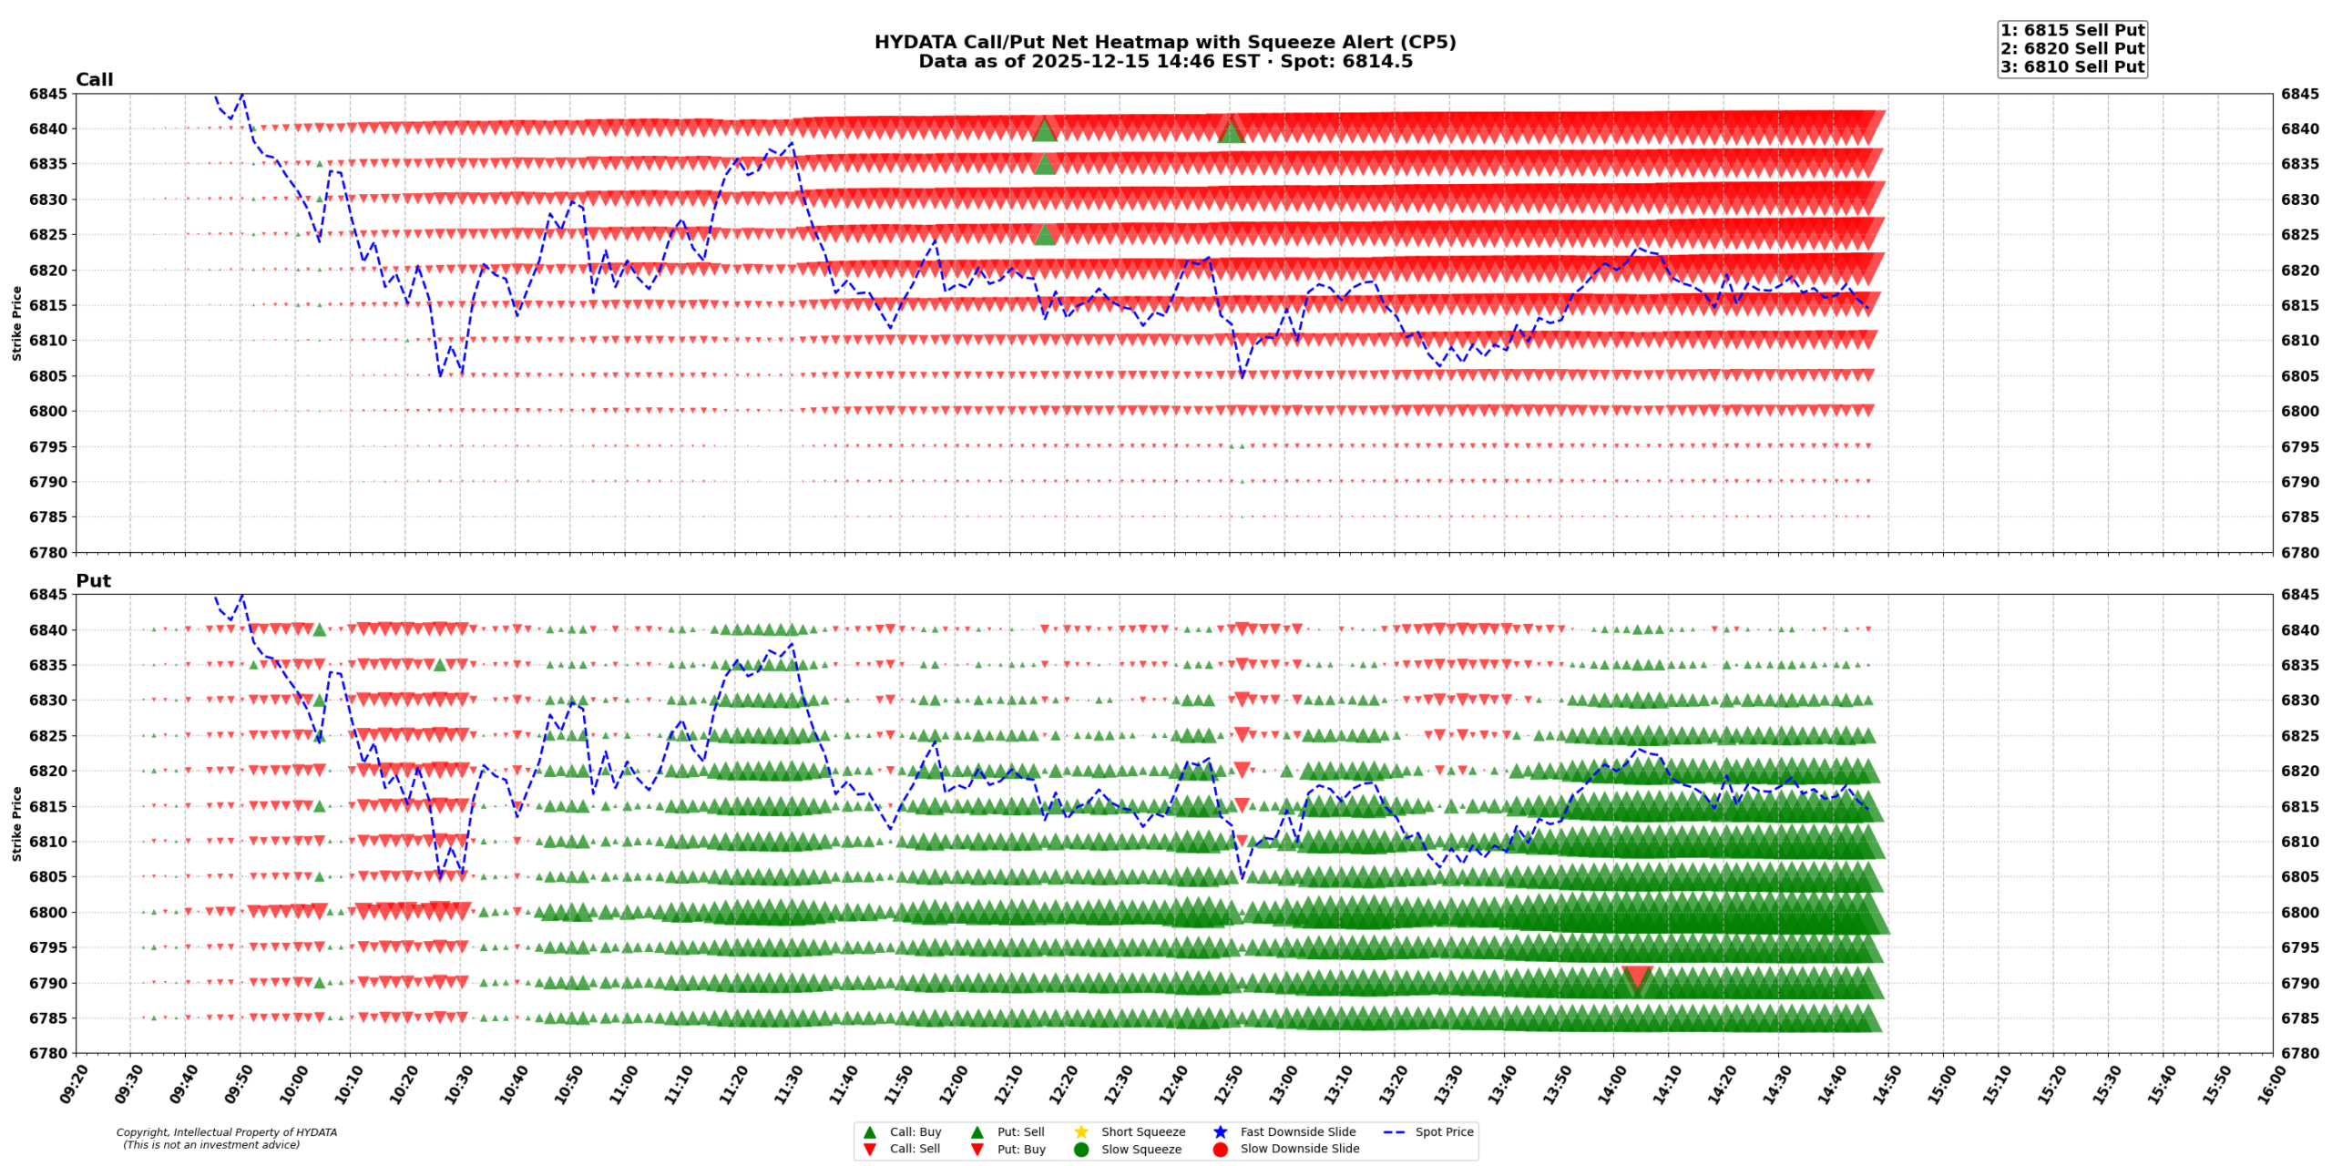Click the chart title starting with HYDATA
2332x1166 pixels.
(1164, 42)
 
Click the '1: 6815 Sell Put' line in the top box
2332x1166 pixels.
(2071, 30)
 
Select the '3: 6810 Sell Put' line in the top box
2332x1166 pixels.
(2071, 66)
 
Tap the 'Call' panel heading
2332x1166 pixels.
(94, 79)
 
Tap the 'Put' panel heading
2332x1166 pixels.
(93, 580)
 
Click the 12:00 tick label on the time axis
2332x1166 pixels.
(948, 1085)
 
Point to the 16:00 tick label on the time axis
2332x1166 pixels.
(2265, 1085)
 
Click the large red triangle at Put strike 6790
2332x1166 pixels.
(1636, 978)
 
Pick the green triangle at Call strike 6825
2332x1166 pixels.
(1044, 235)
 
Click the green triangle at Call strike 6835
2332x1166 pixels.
(1044, 164)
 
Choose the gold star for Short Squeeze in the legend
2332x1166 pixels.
(1080, 1131)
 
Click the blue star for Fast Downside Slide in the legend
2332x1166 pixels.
(1220, 1131)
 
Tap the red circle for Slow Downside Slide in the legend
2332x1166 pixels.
(1220, 1149)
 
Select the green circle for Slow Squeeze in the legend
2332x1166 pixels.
(1080, 1149)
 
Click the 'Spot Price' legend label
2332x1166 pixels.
(1443, 1131)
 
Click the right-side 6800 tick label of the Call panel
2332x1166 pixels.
(2299, 411)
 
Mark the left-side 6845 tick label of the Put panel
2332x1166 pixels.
(47, 594)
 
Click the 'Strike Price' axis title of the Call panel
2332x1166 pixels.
(16, 322)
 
